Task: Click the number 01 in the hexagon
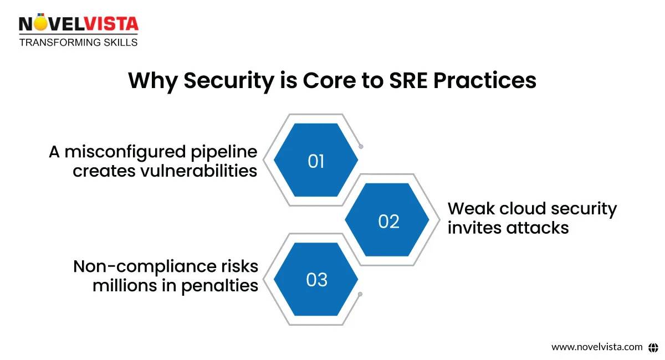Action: (316, 161)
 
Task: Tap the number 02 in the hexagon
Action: (388, 221)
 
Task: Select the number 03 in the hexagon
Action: (317, 280)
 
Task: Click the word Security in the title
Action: (228, 81)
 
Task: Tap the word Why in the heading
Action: (152, 81)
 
